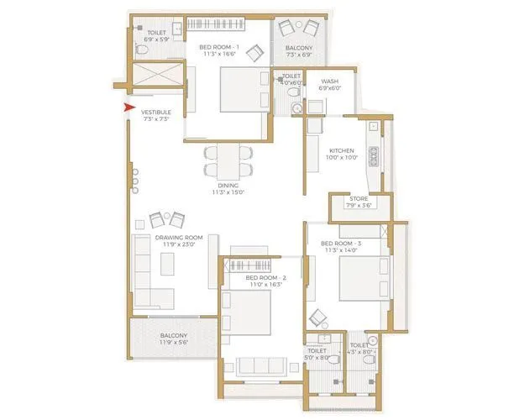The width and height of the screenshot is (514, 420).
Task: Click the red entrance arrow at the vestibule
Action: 128,108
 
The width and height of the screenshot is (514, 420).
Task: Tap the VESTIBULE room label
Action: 158,113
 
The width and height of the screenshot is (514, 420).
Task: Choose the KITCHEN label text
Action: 342,151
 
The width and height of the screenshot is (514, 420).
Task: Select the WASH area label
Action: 329,82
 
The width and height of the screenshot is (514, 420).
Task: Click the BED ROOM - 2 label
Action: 267,277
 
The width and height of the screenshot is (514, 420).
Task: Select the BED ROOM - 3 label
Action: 342,244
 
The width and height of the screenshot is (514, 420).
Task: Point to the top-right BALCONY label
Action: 299,50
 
